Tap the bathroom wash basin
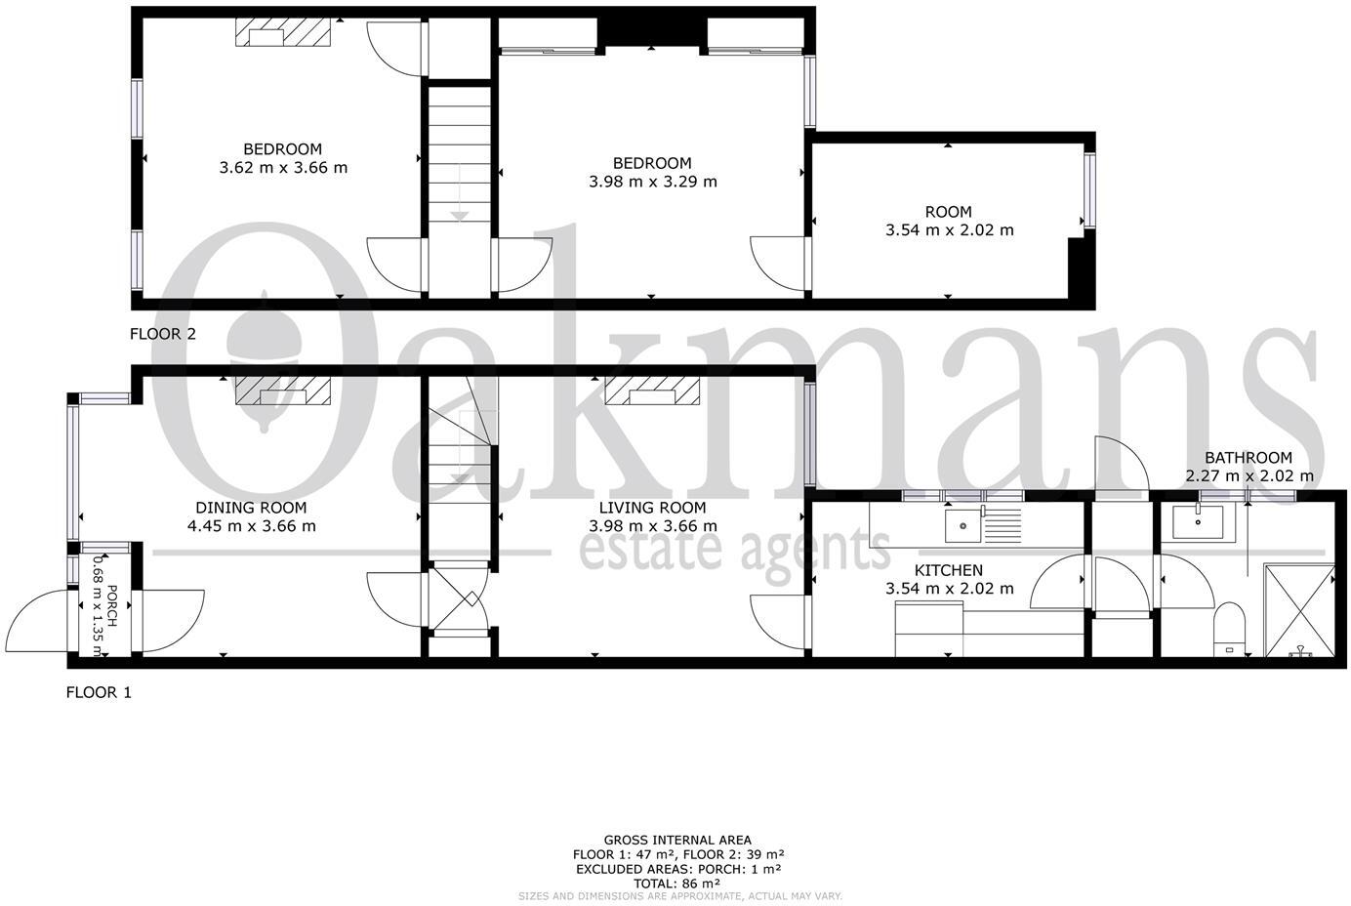[1198, 522]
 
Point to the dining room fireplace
[283, 391]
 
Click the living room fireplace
[653, 391]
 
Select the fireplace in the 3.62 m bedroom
[283, 32]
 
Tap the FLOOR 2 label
[163, 334]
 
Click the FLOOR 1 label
[99, 693]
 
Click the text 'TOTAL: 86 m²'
[676, 883]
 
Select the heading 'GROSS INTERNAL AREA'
[676, 840]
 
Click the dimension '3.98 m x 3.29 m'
[652, 182]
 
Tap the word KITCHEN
[948, 570]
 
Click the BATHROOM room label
[1248, 458]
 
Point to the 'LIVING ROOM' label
[652, 508]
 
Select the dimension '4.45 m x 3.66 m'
[251, 526]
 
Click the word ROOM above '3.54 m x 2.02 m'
[948, 212]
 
